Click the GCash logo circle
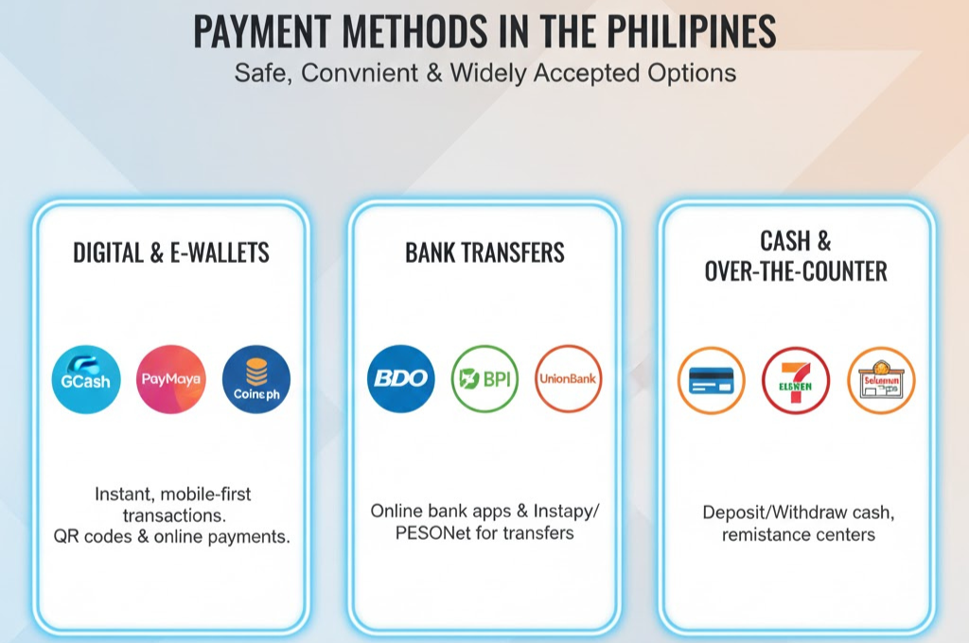click(x=86, y=379)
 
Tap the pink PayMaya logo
click(x=171, y=379)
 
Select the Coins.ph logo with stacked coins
click(x=256, y=379)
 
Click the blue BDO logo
click(x=401, y=379)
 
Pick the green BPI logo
click(x=484, y=379)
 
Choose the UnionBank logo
click(x=569, y=379)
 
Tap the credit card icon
click(x=712, y=381)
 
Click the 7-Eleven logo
click(x=796, y=381)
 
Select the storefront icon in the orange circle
click(x=881, y=381)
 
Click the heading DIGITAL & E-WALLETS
click(x=171, y=252)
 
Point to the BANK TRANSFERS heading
click(x=484, y=252)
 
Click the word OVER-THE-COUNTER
click(x=796, y=271)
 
